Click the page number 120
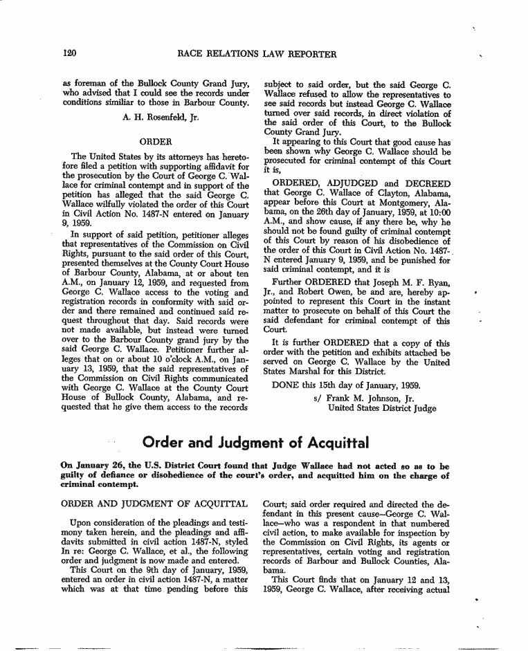tap(69, 53)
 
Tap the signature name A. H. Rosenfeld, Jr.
tap(161, 117)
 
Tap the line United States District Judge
tap(382, 408)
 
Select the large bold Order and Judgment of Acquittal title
tap(256, 441)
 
